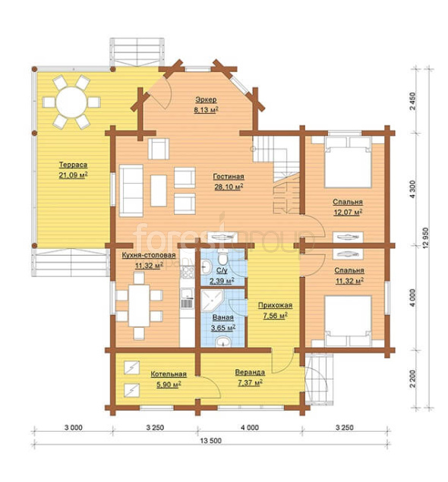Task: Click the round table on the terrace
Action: tap(71, 102)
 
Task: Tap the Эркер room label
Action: tap(206, 99)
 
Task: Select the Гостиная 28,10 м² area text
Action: tap(229, 181)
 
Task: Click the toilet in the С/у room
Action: tap(222, 257)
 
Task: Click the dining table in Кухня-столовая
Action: tap(139, 306)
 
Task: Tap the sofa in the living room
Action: tap(131, 191)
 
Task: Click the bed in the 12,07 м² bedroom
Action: tap(348, 162)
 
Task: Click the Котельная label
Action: tap(169, 374)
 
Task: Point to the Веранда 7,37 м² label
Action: tap(250, 377)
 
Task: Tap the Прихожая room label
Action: tap(275, 305)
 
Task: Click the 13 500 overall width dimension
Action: tap(211, 440)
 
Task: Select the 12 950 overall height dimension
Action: tap(425, 238)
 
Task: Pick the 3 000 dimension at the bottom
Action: tap(74, 427)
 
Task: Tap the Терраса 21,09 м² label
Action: tap(73, 170)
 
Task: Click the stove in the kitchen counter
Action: tap(188, 272)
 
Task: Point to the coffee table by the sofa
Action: tap(159, 191)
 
